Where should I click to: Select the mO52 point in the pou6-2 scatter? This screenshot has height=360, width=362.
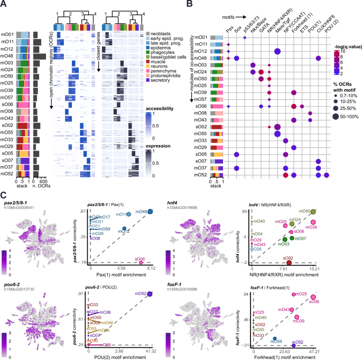pos(149,293)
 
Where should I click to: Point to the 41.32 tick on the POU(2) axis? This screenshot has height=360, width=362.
pos(150,350)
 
